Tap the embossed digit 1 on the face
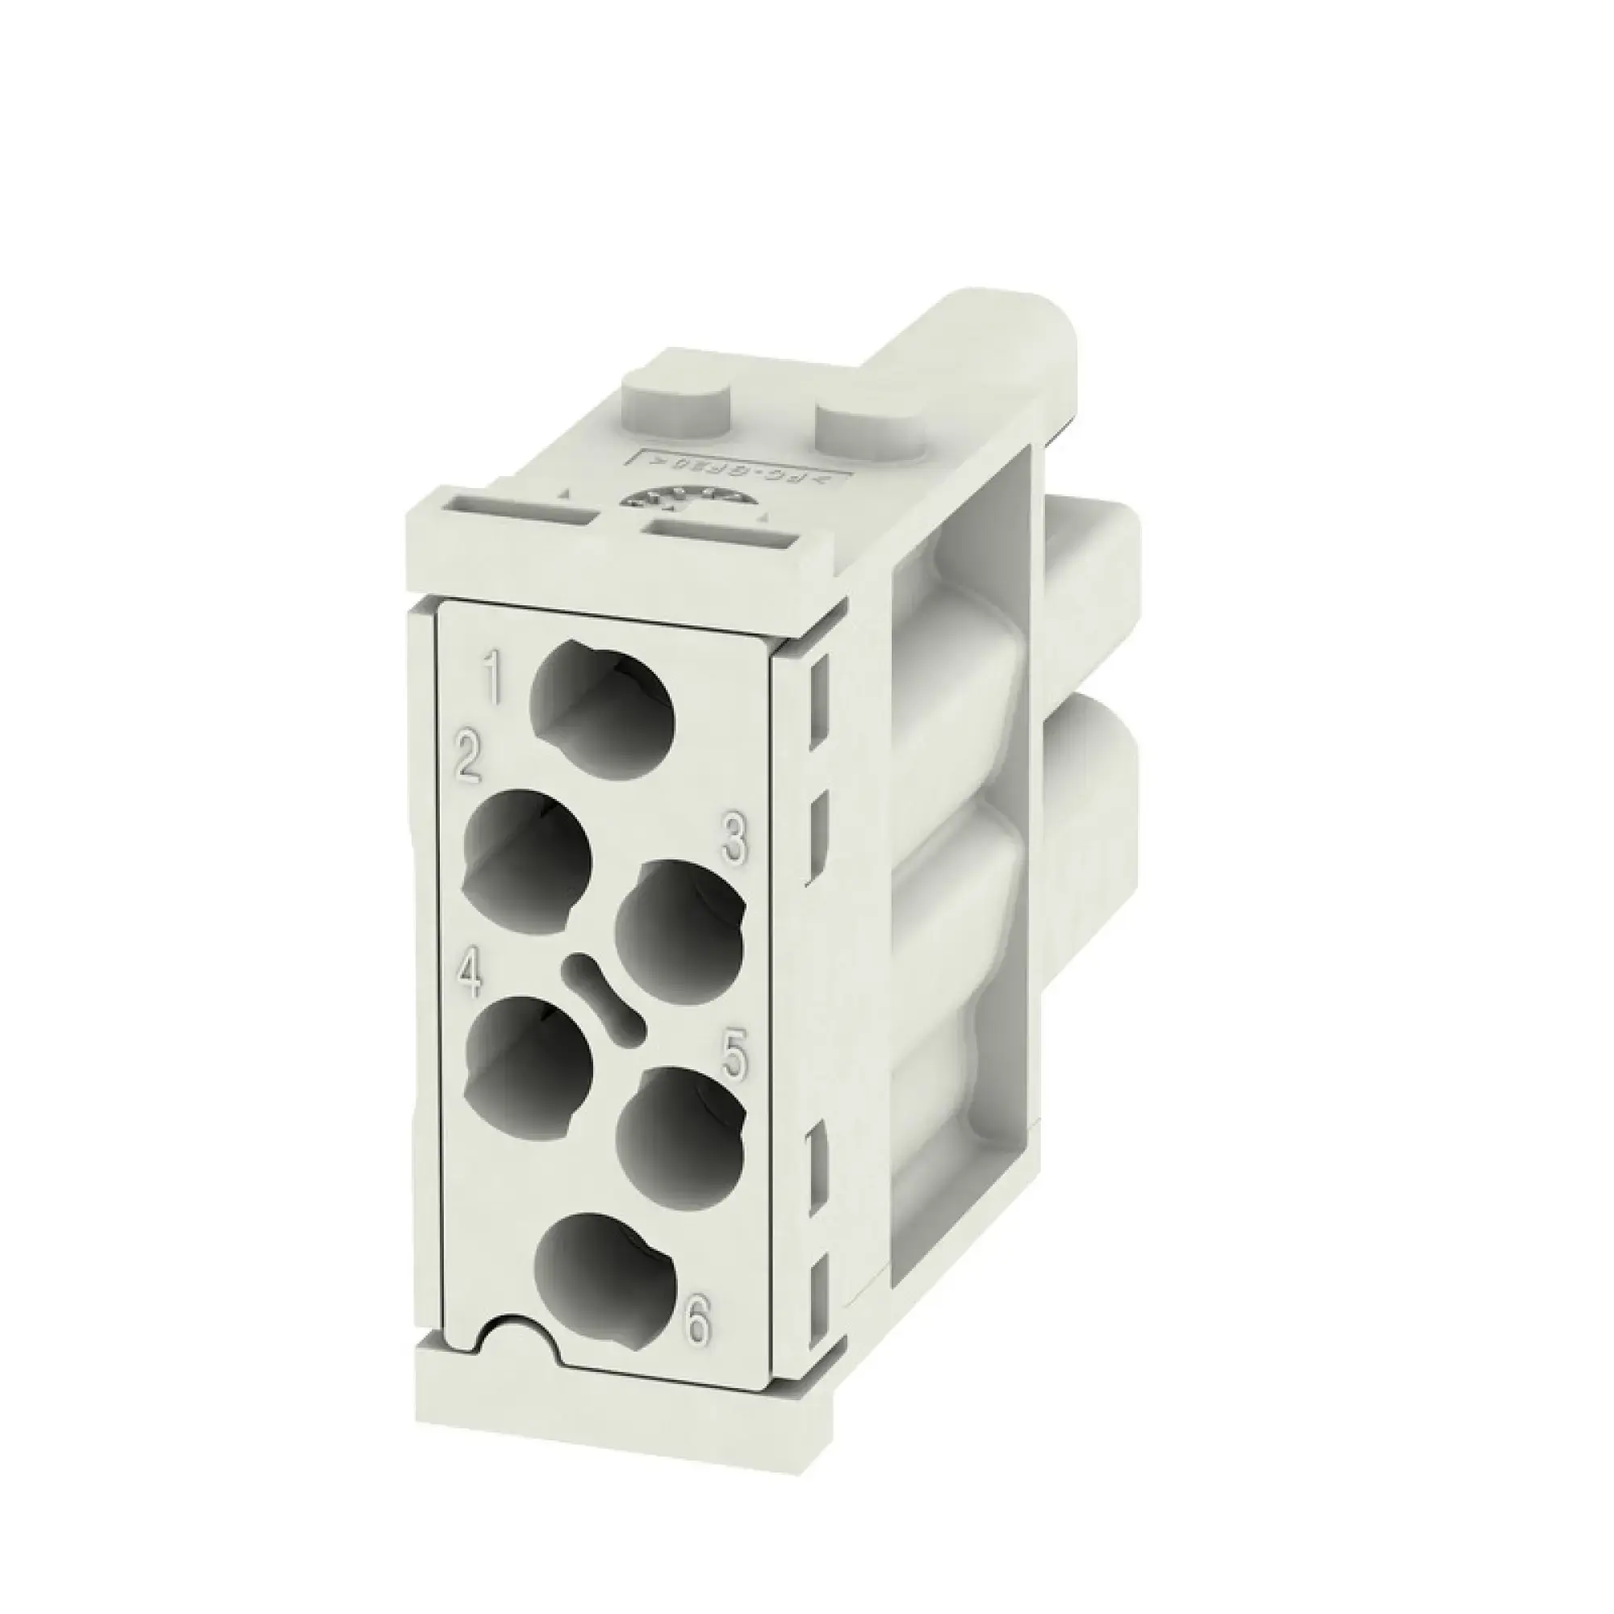493,678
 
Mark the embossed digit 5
734,1055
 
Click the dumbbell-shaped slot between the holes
603,1000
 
